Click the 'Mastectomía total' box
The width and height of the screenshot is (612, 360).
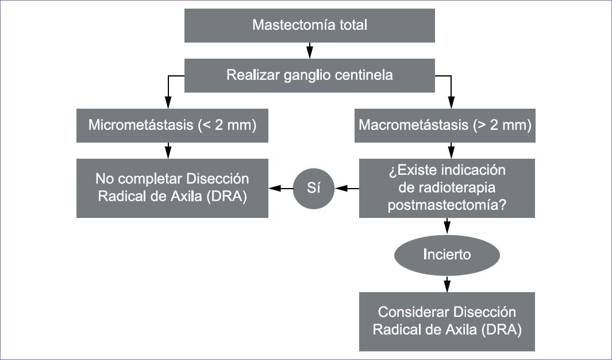pyautogui.click(x=310, y=25)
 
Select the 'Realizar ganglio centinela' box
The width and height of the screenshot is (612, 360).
pyautogui.click(x=310, y=75)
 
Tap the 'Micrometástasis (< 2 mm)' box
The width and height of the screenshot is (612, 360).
pyautogui.click(x=172, y=125)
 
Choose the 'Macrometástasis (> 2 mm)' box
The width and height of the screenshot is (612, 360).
pyautogui.click(x=445, y=125)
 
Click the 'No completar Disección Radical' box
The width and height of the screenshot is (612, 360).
pyautogui.click(x=172, y=188)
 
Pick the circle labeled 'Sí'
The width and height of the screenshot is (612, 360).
pyautogui.click(x=313, y=188)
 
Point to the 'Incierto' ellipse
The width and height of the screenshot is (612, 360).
pyautogui.click(x=447, y=255)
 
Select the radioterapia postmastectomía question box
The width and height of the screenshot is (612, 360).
pyautogui.click(x=447, y=188)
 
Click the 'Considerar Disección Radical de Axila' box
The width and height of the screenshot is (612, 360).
pyautogui.click(x=447, y=321)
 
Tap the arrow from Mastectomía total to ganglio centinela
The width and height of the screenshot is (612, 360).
pyautogui.click(x=310, y=51)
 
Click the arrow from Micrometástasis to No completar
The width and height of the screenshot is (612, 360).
pyautogui.click(x=168, y=150)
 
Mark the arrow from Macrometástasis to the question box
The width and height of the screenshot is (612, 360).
pyautogui.click(x=451, y=150)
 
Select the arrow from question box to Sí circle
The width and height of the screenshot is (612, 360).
pyautogui.click(x=347, y=189)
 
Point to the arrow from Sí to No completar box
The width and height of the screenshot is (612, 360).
pyautogui.click(x=280, y=189)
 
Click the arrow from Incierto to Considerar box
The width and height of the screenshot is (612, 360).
pyautogui.click(x=447, y=284)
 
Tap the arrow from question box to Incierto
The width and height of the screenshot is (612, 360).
pyautogui.click(x=447, y=227)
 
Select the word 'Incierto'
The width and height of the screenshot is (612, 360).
pyautogui.click(x=447, y=255)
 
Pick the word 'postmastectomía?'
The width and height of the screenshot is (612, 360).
pyautogui.click(x=447, y=205)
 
